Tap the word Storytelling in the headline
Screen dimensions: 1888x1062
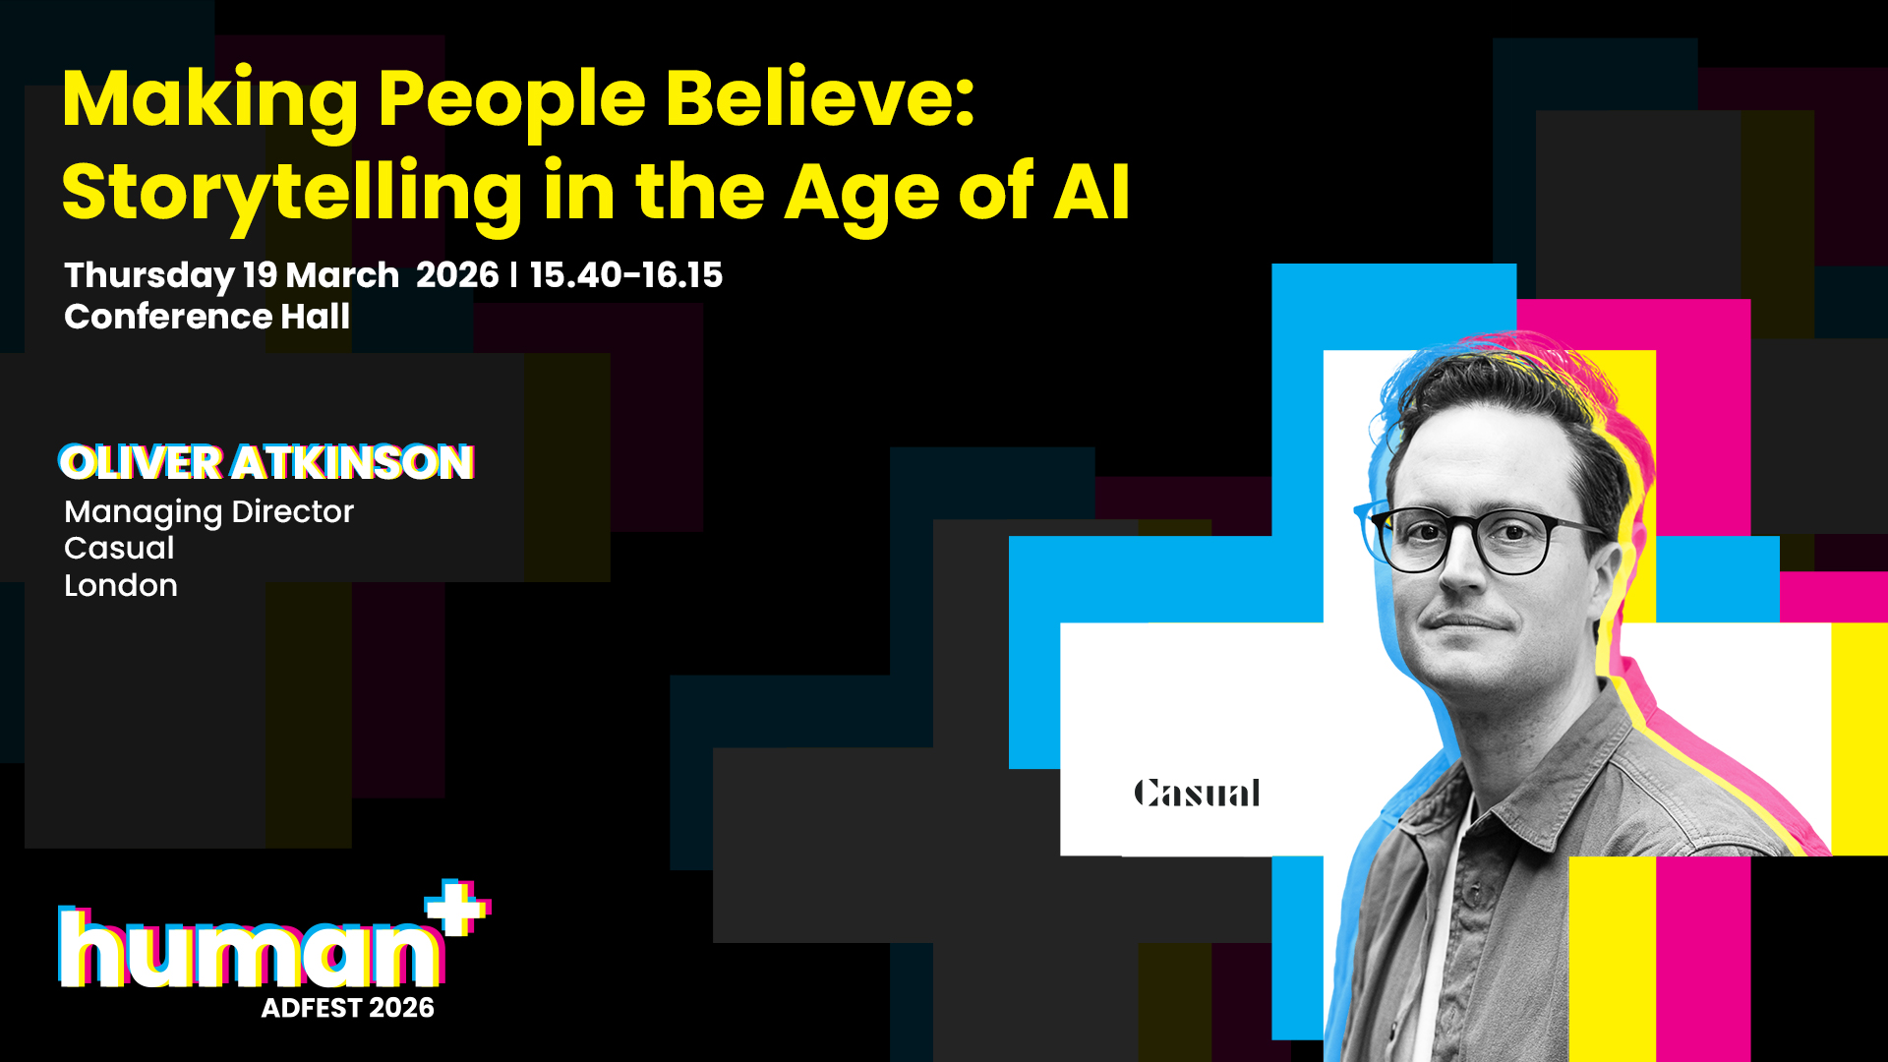coord(292,195)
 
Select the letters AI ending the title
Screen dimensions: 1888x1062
coord(1091,191)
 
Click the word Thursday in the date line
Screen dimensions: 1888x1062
coord(149,276)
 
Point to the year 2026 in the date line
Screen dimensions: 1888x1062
coord(457,274)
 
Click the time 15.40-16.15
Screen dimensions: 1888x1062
coord(626,274)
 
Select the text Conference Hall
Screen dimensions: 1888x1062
coord(206,317)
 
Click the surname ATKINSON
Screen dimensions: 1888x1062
coord(353,462)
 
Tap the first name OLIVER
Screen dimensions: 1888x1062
coord(142,462)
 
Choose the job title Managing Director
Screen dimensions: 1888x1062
coord(208,512)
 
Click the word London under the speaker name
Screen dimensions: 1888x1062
coord(121,586)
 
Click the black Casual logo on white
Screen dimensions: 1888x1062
coord(1197,793)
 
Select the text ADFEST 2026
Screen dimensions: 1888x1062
coord(348,1008)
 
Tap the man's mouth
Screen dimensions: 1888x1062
coord(1467,621)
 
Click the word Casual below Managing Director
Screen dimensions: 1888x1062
coord(119,549)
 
